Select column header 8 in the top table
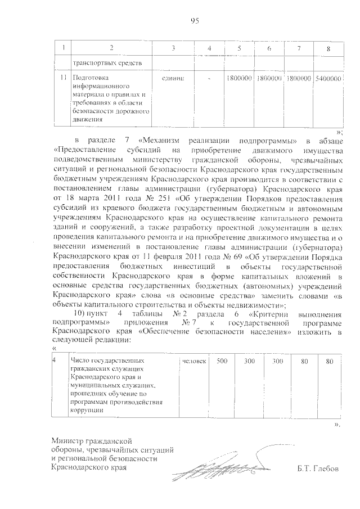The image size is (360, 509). pos(328,49)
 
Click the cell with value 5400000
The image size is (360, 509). pos(328,79)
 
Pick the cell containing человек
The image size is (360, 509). pos(194,361)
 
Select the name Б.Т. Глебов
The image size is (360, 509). pos(319,468)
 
